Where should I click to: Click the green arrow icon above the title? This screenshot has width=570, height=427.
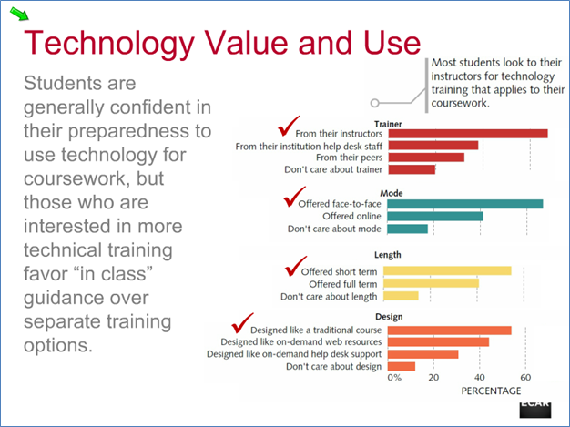click(19, 14)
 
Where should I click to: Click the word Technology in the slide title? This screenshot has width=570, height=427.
click(109, 44)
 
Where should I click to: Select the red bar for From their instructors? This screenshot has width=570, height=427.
click(468, 134)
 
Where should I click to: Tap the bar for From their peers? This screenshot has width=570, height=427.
click(426, 158)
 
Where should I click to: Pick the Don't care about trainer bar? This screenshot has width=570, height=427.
click(412, 169)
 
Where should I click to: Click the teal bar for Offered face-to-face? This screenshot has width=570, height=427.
click(465, 204)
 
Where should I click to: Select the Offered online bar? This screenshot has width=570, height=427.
click(435, 217)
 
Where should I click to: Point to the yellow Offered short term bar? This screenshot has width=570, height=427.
click(447, 270)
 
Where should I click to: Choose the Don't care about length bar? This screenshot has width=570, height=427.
click(401, 296)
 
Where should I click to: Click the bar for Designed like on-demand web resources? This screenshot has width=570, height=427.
click(438, 342)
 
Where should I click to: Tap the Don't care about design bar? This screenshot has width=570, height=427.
click(402, 366)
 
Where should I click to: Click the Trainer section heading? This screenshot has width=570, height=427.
click(388, 125)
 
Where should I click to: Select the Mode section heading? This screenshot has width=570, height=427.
click(392, 193)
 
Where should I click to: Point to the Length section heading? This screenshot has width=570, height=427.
click(388, 255)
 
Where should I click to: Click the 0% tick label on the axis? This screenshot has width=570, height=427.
click(394, 378)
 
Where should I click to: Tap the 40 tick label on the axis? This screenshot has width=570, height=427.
click(480, 378)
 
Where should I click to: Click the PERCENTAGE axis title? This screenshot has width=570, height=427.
click(491, 391)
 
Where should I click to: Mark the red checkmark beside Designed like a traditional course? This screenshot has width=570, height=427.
click(242, 323)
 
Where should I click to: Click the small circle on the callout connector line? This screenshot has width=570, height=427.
click(375, 103)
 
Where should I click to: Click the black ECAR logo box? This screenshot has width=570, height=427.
click(535, 410)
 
